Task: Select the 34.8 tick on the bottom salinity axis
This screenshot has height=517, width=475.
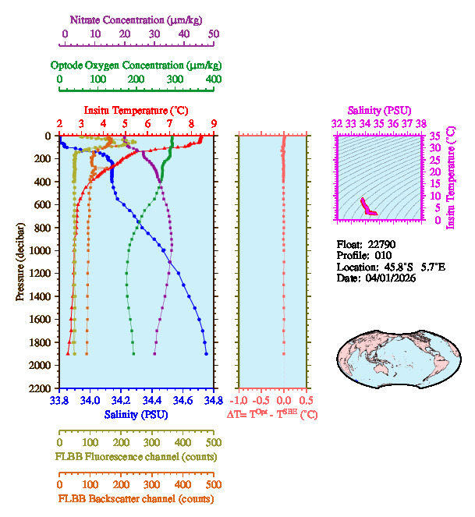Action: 211,400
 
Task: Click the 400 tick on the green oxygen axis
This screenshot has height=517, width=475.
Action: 212,79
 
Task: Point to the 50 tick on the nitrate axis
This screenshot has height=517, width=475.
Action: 213,34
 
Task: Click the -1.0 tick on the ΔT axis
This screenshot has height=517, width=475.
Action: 239,400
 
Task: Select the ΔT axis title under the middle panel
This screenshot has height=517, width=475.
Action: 272,415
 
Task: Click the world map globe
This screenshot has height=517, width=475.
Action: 382,359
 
